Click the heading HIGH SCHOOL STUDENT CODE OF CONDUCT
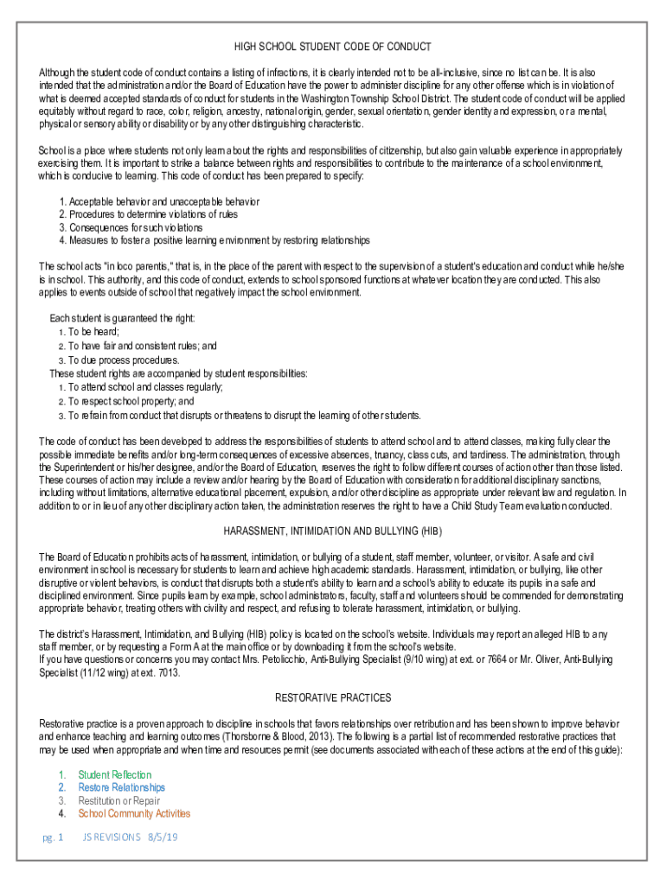tap(333, 46)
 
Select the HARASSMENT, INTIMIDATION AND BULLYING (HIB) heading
tap(333, 530)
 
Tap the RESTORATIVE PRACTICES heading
tap(333, 697)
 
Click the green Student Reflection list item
tap(114, 775)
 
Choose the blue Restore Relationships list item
tap(121, 787)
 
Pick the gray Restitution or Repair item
tap(118, 800)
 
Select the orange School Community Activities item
tap(134, 813)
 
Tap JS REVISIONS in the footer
tap(111, 837)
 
